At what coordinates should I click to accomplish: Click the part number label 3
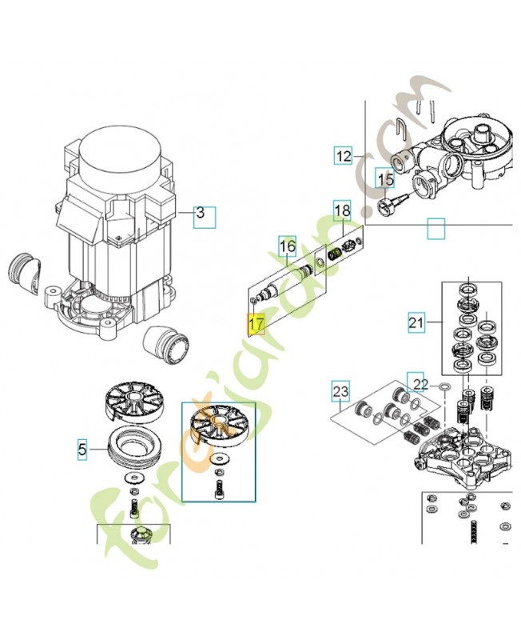click(x=205, y=214)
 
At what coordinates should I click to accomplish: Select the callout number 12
click(x=343, y=156)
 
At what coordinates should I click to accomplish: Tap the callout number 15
click(x=385, y=180)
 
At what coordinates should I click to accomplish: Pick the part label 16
click(x=288, y=248)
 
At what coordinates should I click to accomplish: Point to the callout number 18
click(x=341, y=210)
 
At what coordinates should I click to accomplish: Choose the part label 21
click(x=416, y=324)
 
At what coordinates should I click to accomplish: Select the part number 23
click(x=341, y=392)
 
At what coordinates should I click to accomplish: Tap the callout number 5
click(x=83, y=450)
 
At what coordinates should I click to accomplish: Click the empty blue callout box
click(x=435, y=229)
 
